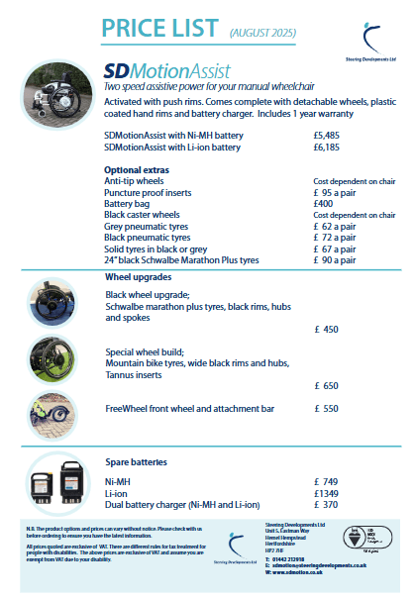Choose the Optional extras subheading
tap(138, 170)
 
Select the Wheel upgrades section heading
tap(140, 278)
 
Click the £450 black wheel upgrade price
tap(326, 329)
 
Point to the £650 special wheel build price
tap(326, 385)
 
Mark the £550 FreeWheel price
tap(326, 408)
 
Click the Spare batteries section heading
tap(138, 461)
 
